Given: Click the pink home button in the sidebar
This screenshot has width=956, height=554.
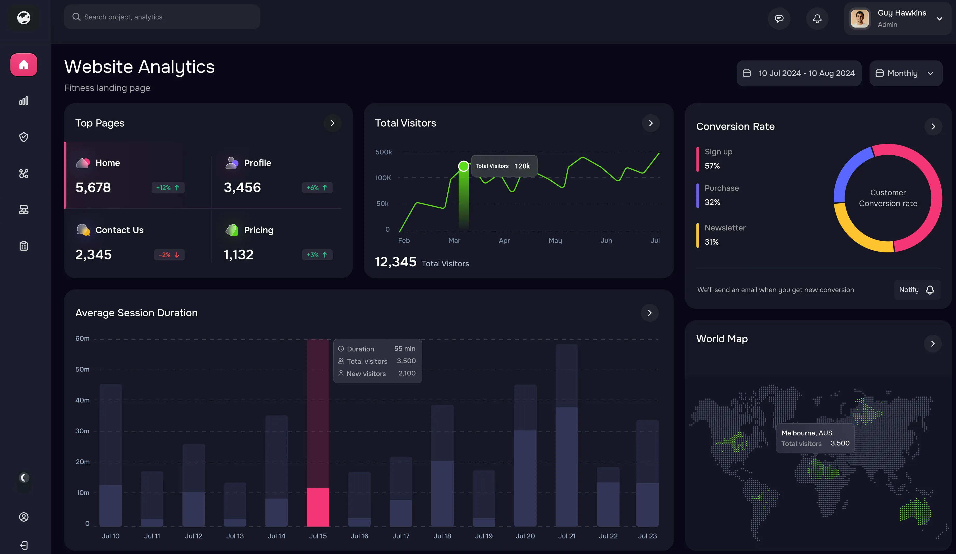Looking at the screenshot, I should coord(24,65).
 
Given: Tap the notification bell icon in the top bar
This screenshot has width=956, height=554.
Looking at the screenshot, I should coord(817,19).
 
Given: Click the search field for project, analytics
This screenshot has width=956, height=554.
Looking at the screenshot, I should coord(162,17).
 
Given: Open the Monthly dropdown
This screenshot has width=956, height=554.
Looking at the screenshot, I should coord(905,73).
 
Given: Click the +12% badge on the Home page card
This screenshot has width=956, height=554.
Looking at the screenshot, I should coord(168,188).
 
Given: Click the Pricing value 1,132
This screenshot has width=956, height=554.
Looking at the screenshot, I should coord(238,255).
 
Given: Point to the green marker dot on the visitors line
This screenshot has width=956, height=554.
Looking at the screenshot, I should coord(463,166).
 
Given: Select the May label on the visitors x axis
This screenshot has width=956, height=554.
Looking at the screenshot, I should coord(555,240).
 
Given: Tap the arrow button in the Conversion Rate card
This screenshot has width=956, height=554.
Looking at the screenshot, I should coord(933,127).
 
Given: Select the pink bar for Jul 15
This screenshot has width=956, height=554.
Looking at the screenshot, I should coord(318,507).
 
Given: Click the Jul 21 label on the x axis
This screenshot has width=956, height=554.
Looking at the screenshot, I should coord(566,536).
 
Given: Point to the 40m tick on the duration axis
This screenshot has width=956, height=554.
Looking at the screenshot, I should coord(82,400).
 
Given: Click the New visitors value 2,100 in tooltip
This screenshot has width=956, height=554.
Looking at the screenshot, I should coord(407,373).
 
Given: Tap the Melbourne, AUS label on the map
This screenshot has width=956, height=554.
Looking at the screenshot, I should coord(806,433).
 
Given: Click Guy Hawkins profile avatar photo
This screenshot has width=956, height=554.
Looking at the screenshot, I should coord(859,19).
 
